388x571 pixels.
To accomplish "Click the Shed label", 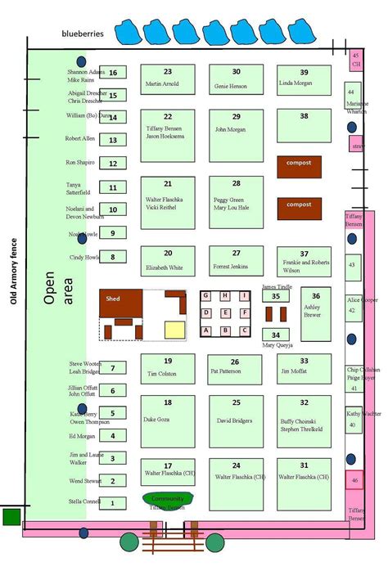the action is point(113,299).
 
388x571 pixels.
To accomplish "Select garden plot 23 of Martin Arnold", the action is point(168,79).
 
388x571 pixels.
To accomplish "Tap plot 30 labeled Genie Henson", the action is point(236,79).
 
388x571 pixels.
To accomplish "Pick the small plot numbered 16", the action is point(114,73).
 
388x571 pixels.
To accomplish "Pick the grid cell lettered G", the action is point(206,295).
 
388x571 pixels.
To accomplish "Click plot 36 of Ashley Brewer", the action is point(315,308).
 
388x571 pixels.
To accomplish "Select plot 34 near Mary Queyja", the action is point(275,335).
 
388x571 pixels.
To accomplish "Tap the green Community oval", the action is point(169,499).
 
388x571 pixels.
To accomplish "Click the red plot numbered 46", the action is point(354,481).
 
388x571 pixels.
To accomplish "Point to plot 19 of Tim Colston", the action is point(167,368).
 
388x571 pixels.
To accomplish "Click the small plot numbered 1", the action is point(114,502).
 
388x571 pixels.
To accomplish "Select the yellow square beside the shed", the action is point(175,330).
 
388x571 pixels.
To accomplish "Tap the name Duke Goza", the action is point(155,419).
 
